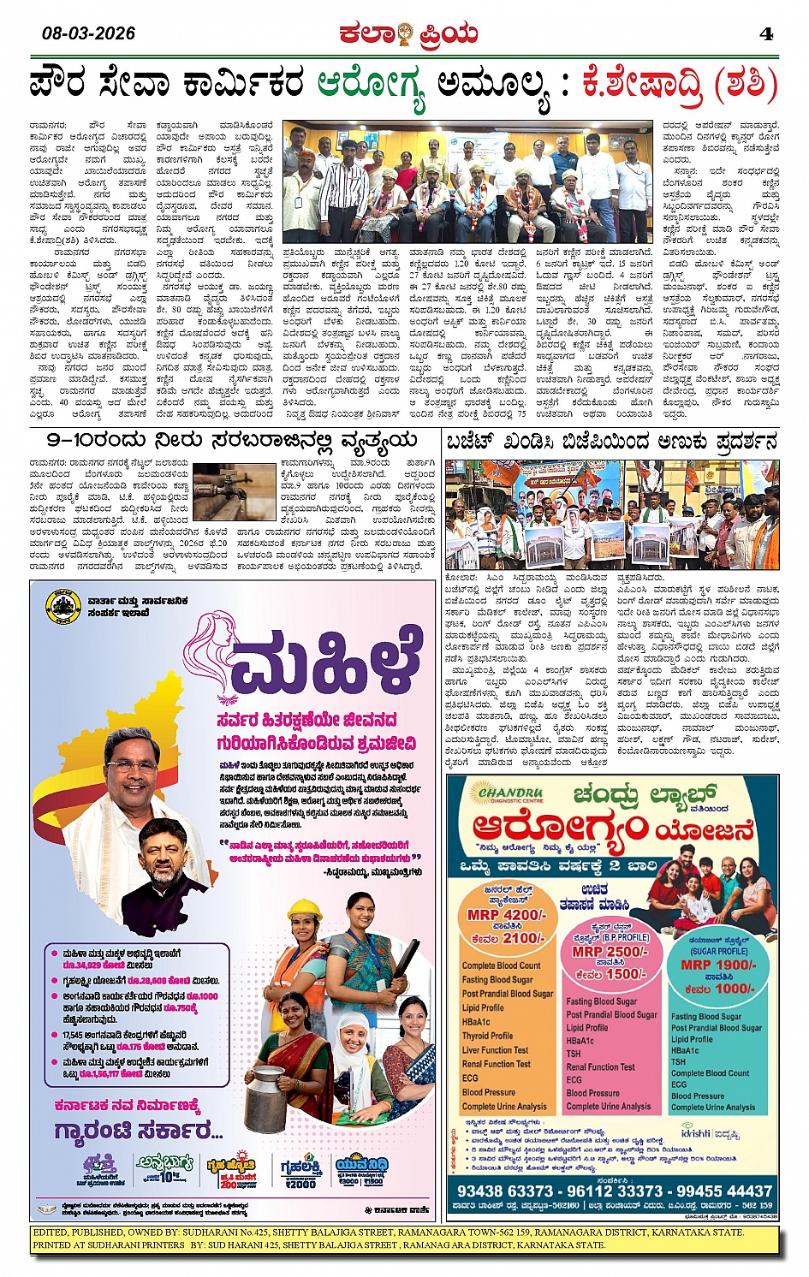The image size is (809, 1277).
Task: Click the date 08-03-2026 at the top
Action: point(88,33)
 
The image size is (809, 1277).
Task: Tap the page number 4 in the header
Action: point(766,33)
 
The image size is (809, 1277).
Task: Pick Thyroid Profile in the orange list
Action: point(487,1036)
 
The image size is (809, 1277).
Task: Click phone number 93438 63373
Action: point(505,1191)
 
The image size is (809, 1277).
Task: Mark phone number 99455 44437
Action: point(724,1191)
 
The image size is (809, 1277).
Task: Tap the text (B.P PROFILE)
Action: point(626,937)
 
